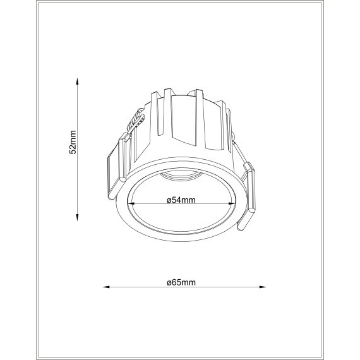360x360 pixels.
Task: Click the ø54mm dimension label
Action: [181, 200]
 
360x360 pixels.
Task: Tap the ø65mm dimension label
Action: [181, 281]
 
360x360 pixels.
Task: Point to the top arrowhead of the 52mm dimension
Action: [76, 82]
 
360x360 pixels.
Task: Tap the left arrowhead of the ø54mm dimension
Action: [132, 203]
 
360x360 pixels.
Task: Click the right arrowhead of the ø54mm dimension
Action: [231, 203]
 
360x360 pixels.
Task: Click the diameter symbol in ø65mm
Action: [170, 282]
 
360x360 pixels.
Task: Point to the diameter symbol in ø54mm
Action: [169, 200]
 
